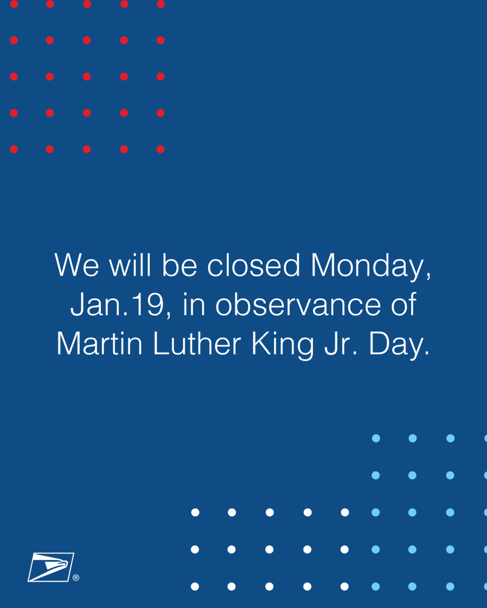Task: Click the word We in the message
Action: (x=77, y=265)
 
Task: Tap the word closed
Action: (x=253, y=265)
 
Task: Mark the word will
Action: (x=129, y=265)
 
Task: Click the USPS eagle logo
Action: (x=51, y=567)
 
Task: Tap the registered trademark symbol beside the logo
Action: (x=76, y=578)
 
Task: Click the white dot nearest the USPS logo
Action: (x=195, y=586)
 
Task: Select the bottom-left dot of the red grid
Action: (x=14, y=149)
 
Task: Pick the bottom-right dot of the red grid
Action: (x=161, y=149)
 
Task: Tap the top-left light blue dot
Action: (x=376, y=438)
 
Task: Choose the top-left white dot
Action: (x=195, y=512)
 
